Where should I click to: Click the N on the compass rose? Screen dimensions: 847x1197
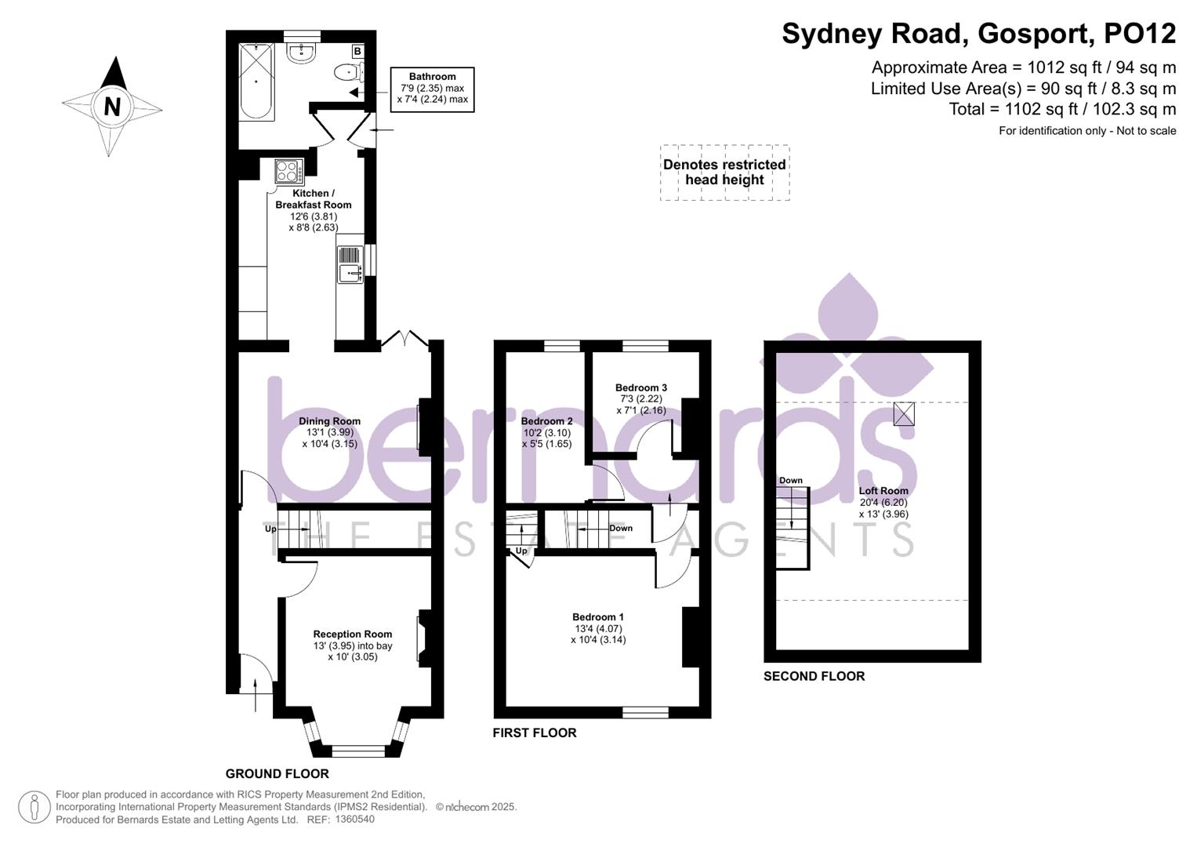[112, 106]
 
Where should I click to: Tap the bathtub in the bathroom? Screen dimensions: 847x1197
[256, 82]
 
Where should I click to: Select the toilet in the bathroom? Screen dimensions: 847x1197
[346, 73]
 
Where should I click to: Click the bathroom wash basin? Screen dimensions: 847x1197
[302, 53]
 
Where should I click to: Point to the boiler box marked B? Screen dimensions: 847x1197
[357, 52]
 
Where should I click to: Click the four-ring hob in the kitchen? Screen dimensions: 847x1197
[288, 171]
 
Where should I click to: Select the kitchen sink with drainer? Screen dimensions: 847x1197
[350, 264]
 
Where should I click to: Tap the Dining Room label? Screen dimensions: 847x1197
[329, 421]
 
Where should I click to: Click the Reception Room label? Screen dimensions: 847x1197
[352, 634]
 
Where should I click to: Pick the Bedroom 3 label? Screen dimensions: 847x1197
[640, 387]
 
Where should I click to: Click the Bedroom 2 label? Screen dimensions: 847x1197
[546, 421]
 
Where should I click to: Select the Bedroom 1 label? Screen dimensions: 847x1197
[598, 617]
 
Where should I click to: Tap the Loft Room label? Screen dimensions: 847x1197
[883, 491]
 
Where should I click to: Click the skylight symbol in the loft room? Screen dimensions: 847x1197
[904, 413]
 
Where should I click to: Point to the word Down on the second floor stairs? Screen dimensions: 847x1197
[790, 481]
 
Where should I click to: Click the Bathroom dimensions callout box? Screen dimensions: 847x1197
[432, 89]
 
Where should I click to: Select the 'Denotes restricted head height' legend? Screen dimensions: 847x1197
[724, 173]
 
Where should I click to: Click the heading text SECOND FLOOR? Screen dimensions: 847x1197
[814, 676]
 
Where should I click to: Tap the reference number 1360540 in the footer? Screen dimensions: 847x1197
[354, 820]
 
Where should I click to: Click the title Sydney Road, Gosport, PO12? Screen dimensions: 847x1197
[978, 34]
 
